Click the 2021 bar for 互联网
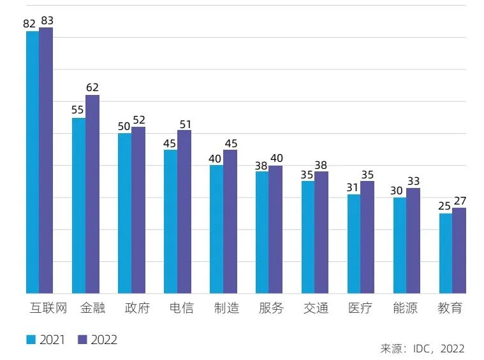33,162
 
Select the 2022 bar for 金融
92,194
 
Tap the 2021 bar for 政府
124,213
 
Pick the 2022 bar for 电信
184,212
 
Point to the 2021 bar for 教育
446,254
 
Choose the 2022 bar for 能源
413,241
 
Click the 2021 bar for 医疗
354,244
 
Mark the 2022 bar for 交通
321,233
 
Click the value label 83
47,21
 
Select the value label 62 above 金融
92,88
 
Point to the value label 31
353,187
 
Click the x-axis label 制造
226,308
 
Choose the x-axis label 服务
271,308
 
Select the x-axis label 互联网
48,308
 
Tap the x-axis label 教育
450,308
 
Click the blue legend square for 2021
31,340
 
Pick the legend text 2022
104,340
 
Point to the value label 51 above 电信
185,124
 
